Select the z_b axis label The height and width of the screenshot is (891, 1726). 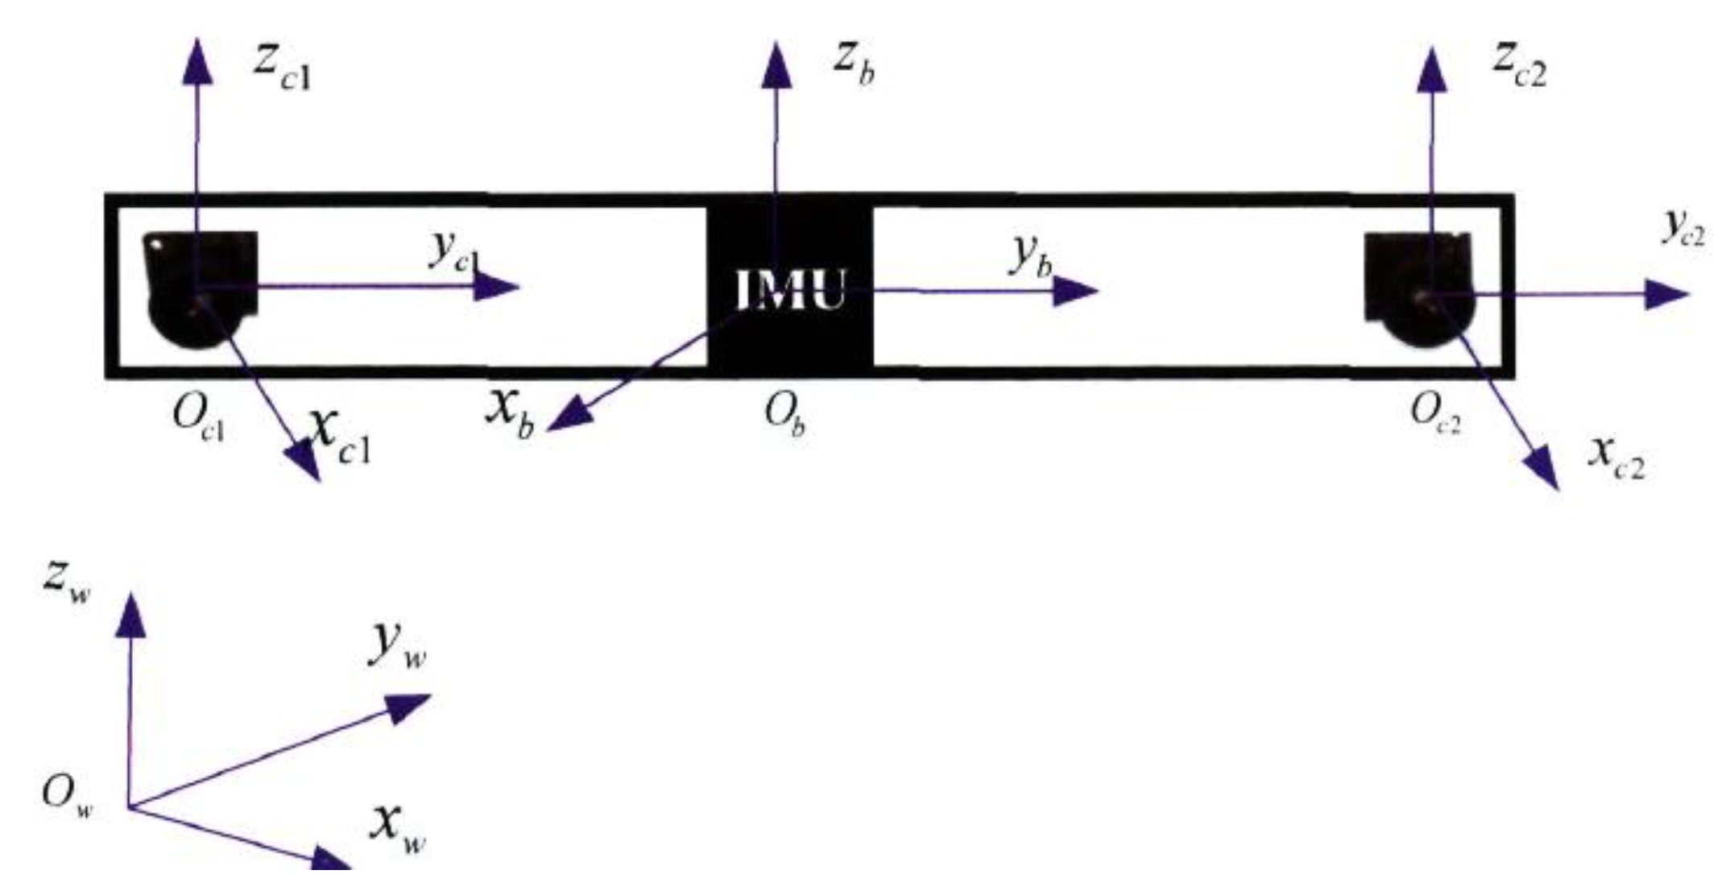tap(853, 64)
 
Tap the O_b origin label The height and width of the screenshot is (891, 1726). tap(784, 416)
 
